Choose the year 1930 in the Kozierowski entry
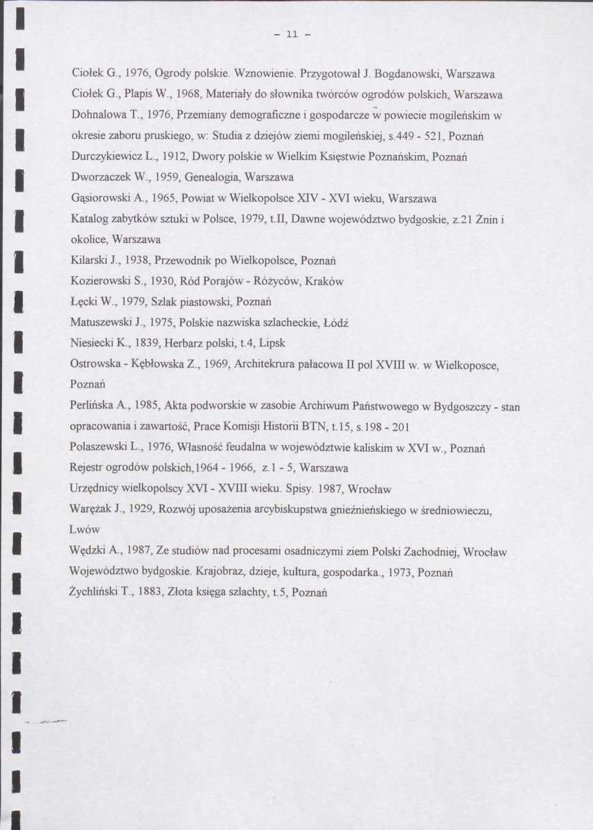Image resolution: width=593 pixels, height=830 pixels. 166,282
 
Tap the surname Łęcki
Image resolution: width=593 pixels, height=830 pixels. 85,302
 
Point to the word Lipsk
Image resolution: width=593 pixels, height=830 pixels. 271,343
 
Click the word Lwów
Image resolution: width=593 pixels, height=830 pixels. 85,530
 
